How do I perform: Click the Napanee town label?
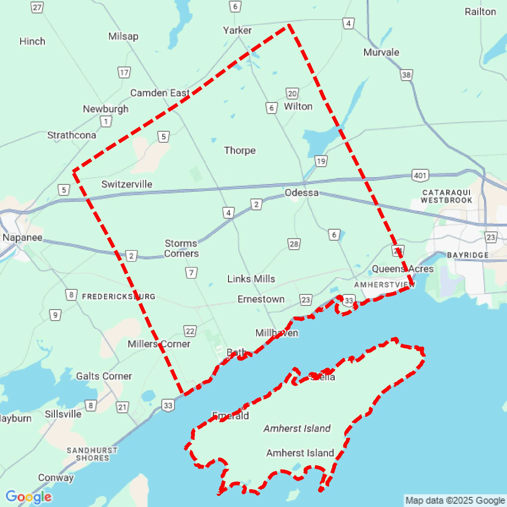point(23,237)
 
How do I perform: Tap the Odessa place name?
point(302,193)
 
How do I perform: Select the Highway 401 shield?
point(420,175)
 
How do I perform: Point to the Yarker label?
point(237,31)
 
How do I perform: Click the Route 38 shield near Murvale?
point(406,75)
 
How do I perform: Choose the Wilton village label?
point(298,106)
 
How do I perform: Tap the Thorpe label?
point(240,150)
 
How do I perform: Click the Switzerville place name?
point(127,184)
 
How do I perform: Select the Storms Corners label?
point(181,248)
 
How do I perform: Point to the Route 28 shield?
point(294,244)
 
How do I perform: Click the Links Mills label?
point(251,279)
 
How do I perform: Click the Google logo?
point(28,496)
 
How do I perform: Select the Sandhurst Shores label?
point(92,454)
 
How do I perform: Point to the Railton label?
point(480,12)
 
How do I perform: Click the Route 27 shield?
point(37,7)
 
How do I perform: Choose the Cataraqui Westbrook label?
point(446,196)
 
